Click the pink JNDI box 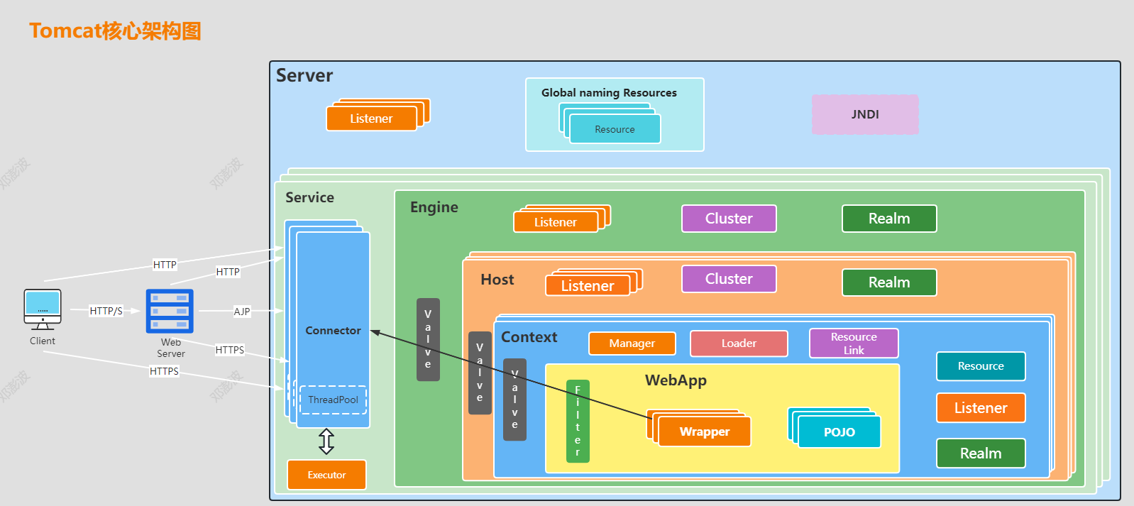tap(865, 114)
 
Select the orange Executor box tap(326, 475)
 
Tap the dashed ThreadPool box tap(333, 400)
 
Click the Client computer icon tap(43, 309)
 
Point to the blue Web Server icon tap(170, 311)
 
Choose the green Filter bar tap(578, 421)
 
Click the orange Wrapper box tap(705, 431)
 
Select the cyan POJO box tap(840, 432)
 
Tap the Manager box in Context tap(632, 343)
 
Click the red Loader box tap(739, 343)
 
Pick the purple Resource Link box tap(854, 343)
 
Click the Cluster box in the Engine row tap(729, 219)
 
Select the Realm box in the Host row tap(889, 282)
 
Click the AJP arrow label tap(242, 312)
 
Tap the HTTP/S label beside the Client tap(106, 311)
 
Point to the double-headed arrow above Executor tap(326, 441)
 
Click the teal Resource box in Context tap(981, 366)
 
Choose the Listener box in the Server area tap(372, 119)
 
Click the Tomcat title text tap(116, 31)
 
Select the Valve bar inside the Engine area tap(428, 339)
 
